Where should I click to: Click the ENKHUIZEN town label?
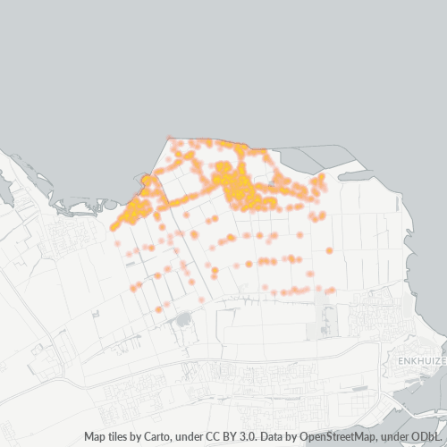[x=417, y=359]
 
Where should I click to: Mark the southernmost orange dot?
[x=159, y=309]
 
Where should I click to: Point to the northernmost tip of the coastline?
[x=169, y=136]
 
